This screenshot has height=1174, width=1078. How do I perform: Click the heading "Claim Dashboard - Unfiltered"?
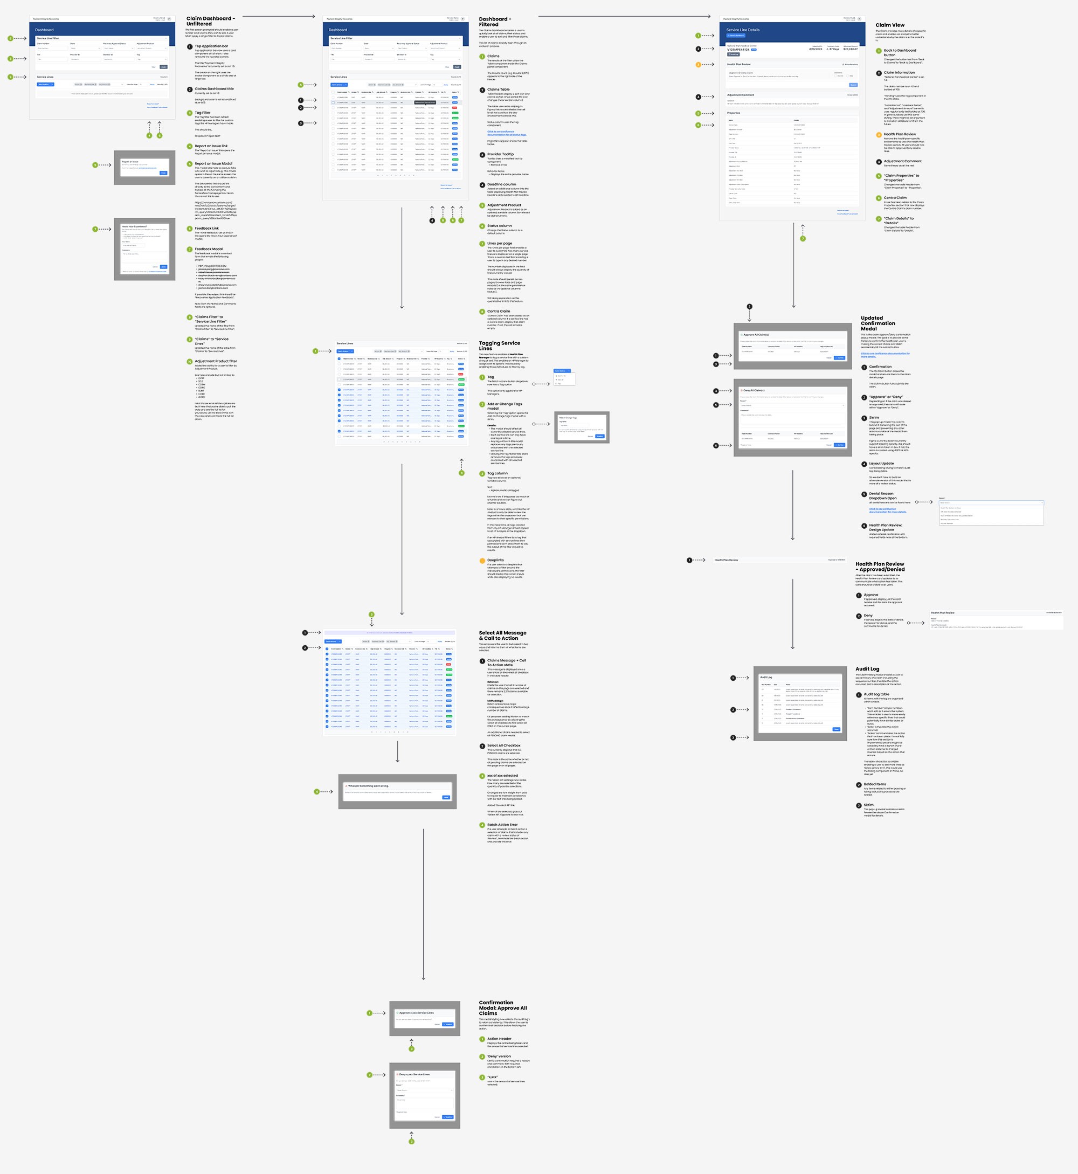(x=211, y=21)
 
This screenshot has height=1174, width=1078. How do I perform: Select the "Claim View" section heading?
(x=889, y=25)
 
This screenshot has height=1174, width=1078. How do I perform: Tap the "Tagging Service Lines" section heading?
(x=499, y=346)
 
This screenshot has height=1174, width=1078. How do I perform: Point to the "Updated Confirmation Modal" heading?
(x=878, y=323)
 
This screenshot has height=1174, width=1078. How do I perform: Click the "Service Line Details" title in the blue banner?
(x=743, y=30)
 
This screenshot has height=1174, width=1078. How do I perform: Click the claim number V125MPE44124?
(x=738, y=50)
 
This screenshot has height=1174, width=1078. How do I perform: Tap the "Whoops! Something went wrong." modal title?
(x=368, y=785)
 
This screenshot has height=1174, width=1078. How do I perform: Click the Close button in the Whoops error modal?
(x=446, y=797)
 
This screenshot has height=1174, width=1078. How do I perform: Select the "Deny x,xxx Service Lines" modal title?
(x=414, y=1074)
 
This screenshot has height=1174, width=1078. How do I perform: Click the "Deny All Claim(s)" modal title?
(x=754, y=390)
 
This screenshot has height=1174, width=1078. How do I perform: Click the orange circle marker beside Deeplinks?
(x=482, y=561)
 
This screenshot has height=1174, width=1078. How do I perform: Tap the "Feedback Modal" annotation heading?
(x=209, y=249)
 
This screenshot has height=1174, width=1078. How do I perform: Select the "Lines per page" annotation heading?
(x=499, y=243)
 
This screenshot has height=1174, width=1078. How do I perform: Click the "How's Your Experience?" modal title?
(x=134, y=226)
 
